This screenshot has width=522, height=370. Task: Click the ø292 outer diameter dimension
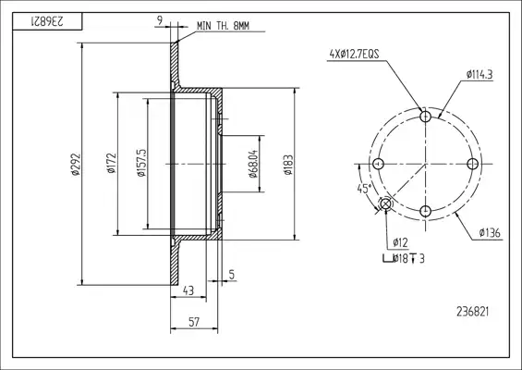(x=75, y=164)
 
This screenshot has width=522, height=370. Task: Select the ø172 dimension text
(x=112, y=164)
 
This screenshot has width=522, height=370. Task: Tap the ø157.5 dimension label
(x=141, y=163)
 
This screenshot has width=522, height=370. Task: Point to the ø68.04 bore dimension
(x=253, y=164)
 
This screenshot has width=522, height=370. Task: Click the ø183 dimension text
(x=288, y=165)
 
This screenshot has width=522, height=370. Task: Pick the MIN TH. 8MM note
(x=223, y=26)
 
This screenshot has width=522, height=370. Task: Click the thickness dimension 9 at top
(x=160, y=20)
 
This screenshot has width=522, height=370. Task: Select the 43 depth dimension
(x=188, y=290)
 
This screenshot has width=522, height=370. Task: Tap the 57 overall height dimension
(x=194, y=322)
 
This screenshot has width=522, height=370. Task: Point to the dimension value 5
(x=232, y=275)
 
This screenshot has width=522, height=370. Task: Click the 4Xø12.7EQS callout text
(x=354, y=54)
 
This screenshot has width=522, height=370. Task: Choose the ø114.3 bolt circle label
(x=480, y=75)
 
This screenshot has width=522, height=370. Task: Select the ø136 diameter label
(x=490, y=233)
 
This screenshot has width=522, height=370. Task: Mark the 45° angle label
(x=364, y=189)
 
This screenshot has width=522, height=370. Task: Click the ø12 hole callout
(x=400, y=242)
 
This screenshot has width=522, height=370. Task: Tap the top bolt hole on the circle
(x=426, y=117)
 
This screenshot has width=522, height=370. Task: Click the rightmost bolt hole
(x=473, y=164)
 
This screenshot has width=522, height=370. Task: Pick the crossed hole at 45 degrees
(x=386, y=203)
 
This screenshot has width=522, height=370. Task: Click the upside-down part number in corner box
(x=47, y=21)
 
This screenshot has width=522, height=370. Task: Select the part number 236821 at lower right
(x=473, y=312)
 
